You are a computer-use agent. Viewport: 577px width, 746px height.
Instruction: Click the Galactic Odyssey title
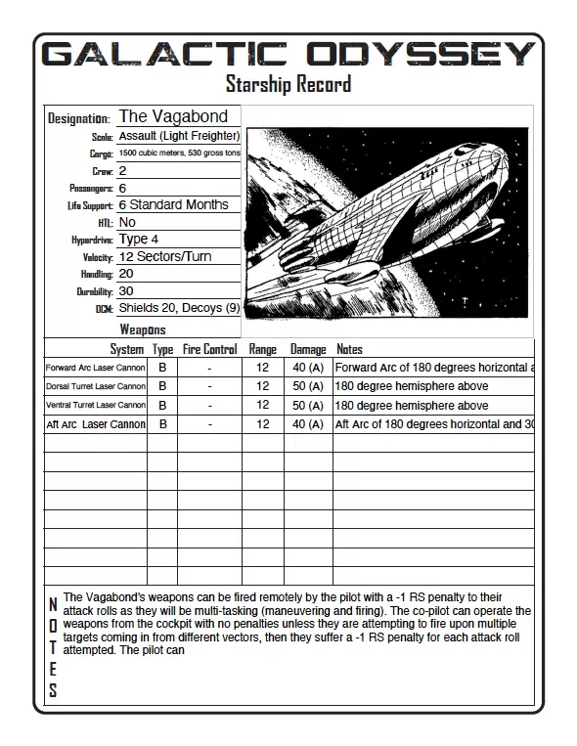288,54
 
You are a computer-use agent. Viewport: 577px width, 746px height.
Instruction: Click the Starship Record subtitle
288,84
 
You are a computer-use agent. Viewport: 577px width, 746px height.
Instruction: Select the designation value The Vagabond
173,116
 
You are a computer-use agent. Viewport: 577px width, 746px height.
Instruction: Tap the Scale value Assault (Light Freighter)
179,136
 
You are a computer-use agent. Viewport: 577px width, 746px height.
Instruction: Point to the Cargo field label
101,154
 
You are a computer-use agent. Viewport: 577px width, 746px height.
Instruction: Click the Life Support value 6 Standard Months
173,204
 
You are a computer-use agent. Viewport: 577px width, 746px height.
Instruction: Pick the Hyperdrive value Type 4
138,239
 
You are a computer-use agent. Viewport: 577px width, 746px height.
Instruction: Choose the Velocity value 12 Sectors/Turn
164,256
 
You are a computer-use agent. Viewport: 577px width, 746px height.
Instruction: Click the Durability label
95,291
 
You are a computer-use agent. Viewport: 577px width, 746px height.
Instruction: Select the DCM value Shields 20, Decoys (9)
179,308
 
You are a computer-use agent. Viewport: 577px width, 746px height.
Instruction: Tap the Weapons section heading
143,330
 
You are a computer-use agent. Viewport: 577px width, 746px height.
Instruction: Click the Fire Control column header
209,349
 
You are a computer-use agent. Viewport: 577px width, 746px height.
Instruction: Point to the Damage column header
308,349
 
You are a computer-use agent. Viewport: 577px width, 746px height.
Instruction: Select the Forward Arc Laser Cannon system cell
96,368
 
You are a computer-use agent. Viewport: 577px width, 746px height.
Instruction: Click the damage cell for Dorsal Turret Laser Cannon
308,386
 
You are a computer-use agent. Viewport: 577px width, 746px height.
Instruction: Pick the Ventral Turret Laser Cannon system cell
96,405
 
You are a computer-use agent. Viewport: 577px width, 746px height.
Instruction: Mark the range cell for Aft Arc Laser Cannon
262,424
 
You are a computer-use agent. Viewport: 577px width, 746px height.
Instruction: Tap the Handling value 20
126,274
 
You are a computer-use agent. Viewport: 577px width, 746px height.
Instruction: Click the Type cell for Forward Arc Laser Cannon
162,368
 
